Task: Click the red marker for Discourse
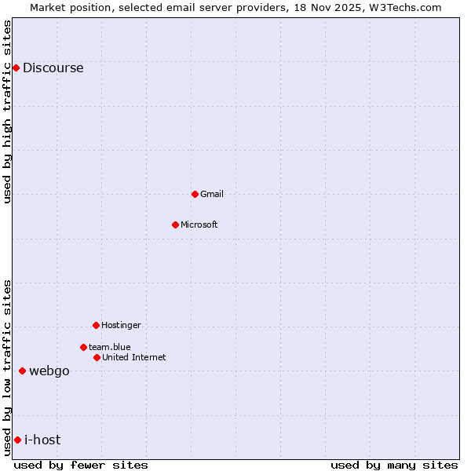[x=16, y=68]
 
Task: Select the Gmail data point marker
[x=195, y=194]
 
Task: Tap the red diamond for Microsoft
[x=176, y=225]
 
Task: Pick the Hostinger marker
[x=96, y=325]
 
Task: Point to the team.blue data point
[x=83, y=347]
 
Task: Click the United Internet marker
[x=97, y=357]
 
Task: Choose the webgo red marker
[x=23, y=371]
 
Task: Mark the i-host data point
[x=17, y=440]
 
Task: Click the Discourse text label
[x=53, y=68]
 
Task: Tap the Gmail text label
[x=212, y=194]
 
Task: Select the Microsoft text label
[x=199, y=225]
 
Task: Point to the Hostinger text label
[x=121, y=325]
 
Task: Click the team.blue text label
[x=110, y=347]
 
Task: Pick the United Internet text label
[x=133, y=357]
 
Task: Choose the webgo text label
[x=49, y=371]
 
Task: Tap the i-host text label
[x=42, y=440]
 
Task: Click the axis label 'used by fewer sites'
[x=81, y=466]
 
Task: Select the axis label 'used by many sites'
[x=394, y=466]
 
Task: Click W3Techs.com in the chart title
[x=404, y=7]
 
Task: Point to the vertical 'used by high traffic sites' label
[x=7, y=111]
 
